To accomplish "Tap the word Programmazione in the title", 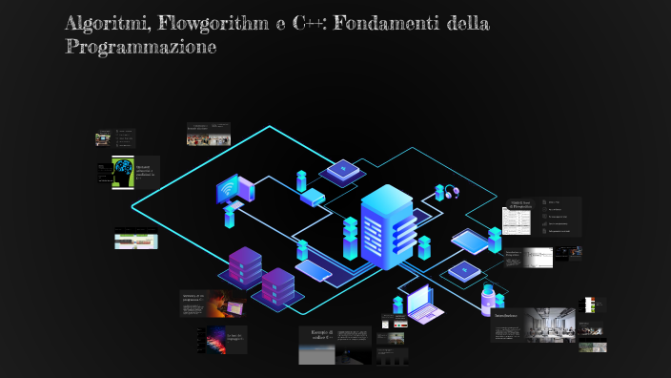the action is [141, 46].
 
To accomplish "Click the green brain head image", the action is [122, 172].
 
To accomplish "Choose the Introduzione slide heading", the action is [506, 315].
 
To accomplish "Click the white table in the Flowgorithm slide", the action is [516, 220].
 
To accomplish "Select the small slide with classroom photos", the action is [210, 135].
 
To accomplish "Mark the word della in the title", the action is [464, 23].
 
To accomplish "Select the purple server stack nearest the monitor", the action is [244, 266].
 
